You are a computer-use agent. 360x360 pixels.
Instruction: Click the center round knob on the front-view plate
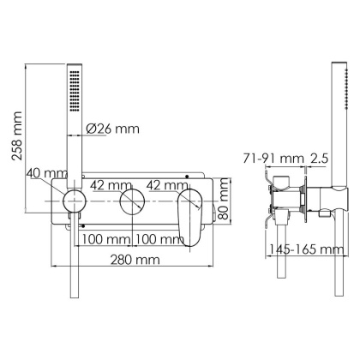(x=131, y=204)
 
